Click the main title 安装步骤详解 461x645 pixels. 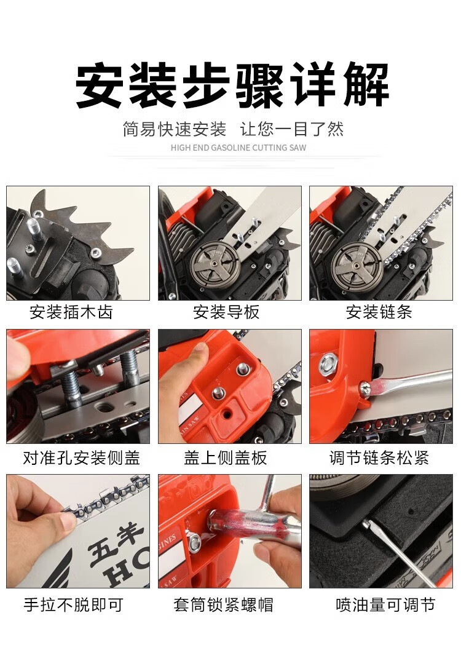pos(232,85)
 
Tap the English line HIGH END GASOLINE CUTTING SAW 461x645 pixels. pos(238,148)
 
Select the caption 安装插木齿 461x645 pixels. pos(71,312)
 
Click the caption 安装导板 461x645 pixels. pos(226,312)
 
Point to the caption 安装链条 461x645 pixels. pos(379,312)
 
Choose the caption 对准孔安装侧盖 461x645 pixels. pos(81,457)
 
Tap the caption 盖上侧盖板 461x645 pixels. pos(226,457)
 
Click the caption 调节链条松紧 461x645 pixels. pos(379,457)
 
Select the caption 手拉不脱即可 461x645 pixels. pos(74,604)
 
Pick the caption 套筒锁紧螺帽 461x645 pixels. pos(223,604)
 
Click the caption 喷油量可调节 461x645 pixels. pos(385,604)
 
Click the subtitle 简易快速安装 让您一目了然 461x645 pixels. pos(233,129)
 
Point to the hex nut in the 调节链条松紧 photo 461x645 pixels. pos(329,363)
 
